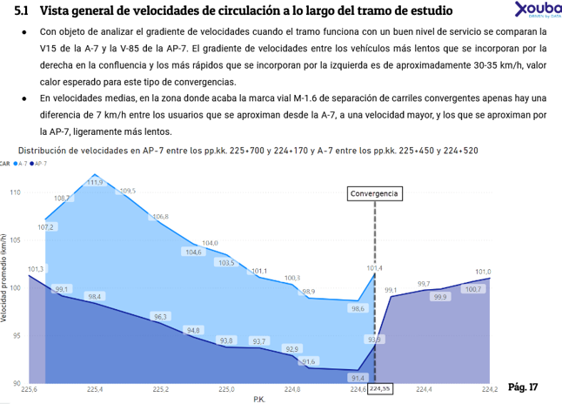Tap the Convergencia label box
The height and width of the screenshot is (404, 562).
pos(375,193)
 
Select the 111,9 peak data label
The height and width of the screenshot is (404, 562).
pos(96,182)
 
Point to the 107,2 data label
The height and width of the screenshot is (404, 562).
pos(46,227)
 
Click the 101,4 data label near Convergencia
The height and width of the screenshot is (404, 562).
pos(374,268)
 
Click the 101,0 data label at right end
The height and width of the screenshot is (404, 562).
pos(483,272)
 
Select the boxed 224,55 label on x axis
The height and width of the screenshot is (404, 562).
pos(380,388)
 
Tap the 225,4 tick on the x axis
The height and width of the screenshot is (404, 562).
pos(94,389)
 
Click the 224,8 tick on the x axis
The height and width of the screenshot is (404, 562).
pos(292,389)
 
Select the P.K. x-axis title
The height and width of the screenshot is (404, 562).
pos(259,399)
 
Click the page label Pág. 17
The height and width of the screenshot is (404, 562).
pos(523,387)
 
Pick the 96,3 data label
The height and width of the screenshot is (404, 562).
pos(160,316)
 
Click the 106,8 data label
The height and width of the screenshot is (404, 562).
pos(160,217)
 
